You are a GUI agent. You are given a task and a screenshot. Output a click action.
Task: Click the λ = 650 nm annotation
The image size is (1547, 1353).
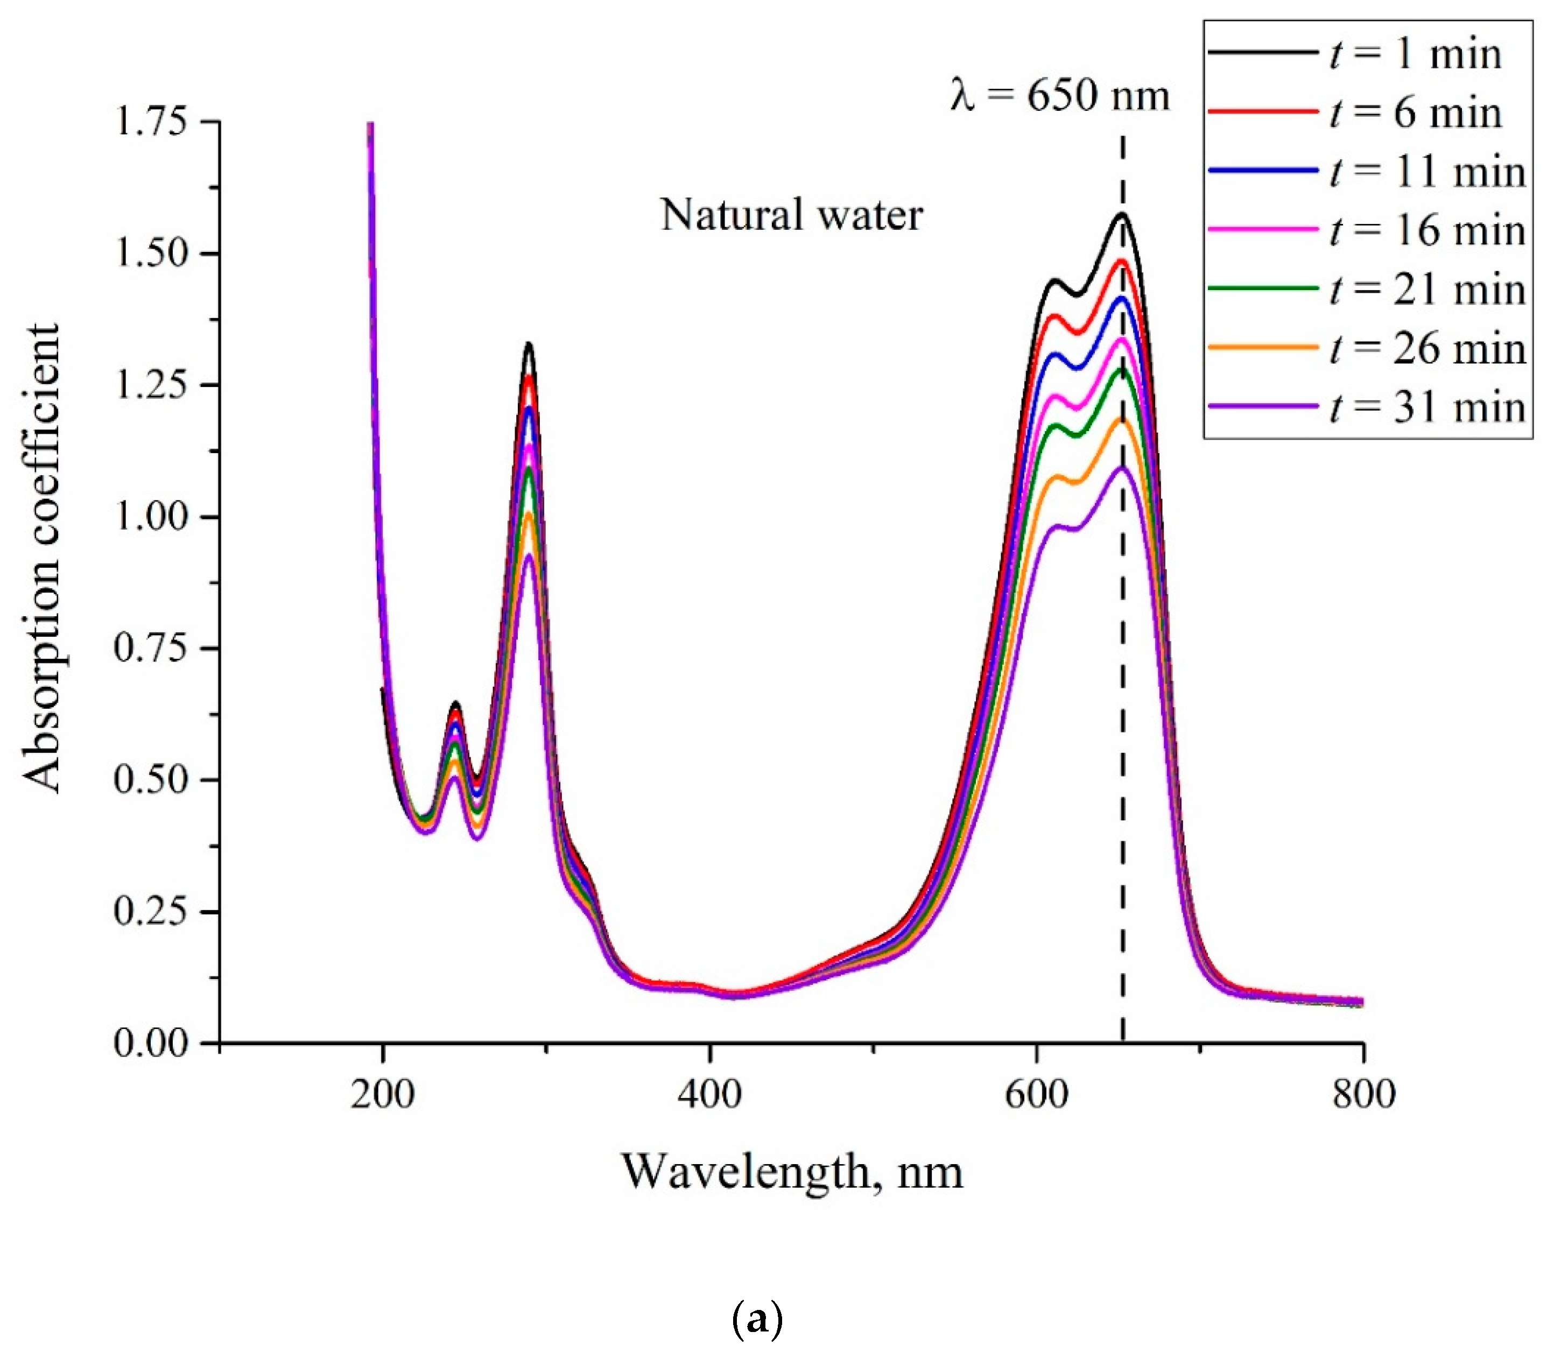click(1059, 96)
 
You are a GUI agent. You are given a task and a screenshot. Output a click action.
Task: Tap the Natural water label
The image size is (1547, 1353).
click(791, 215)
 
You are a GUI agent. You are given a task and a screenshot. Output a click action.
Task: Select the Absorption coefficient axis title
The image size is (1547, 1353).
click(41, 559)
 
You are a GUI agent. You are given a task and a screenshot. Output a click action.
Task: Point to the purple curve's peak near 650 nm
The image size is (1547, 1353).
click(1123, 468)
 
